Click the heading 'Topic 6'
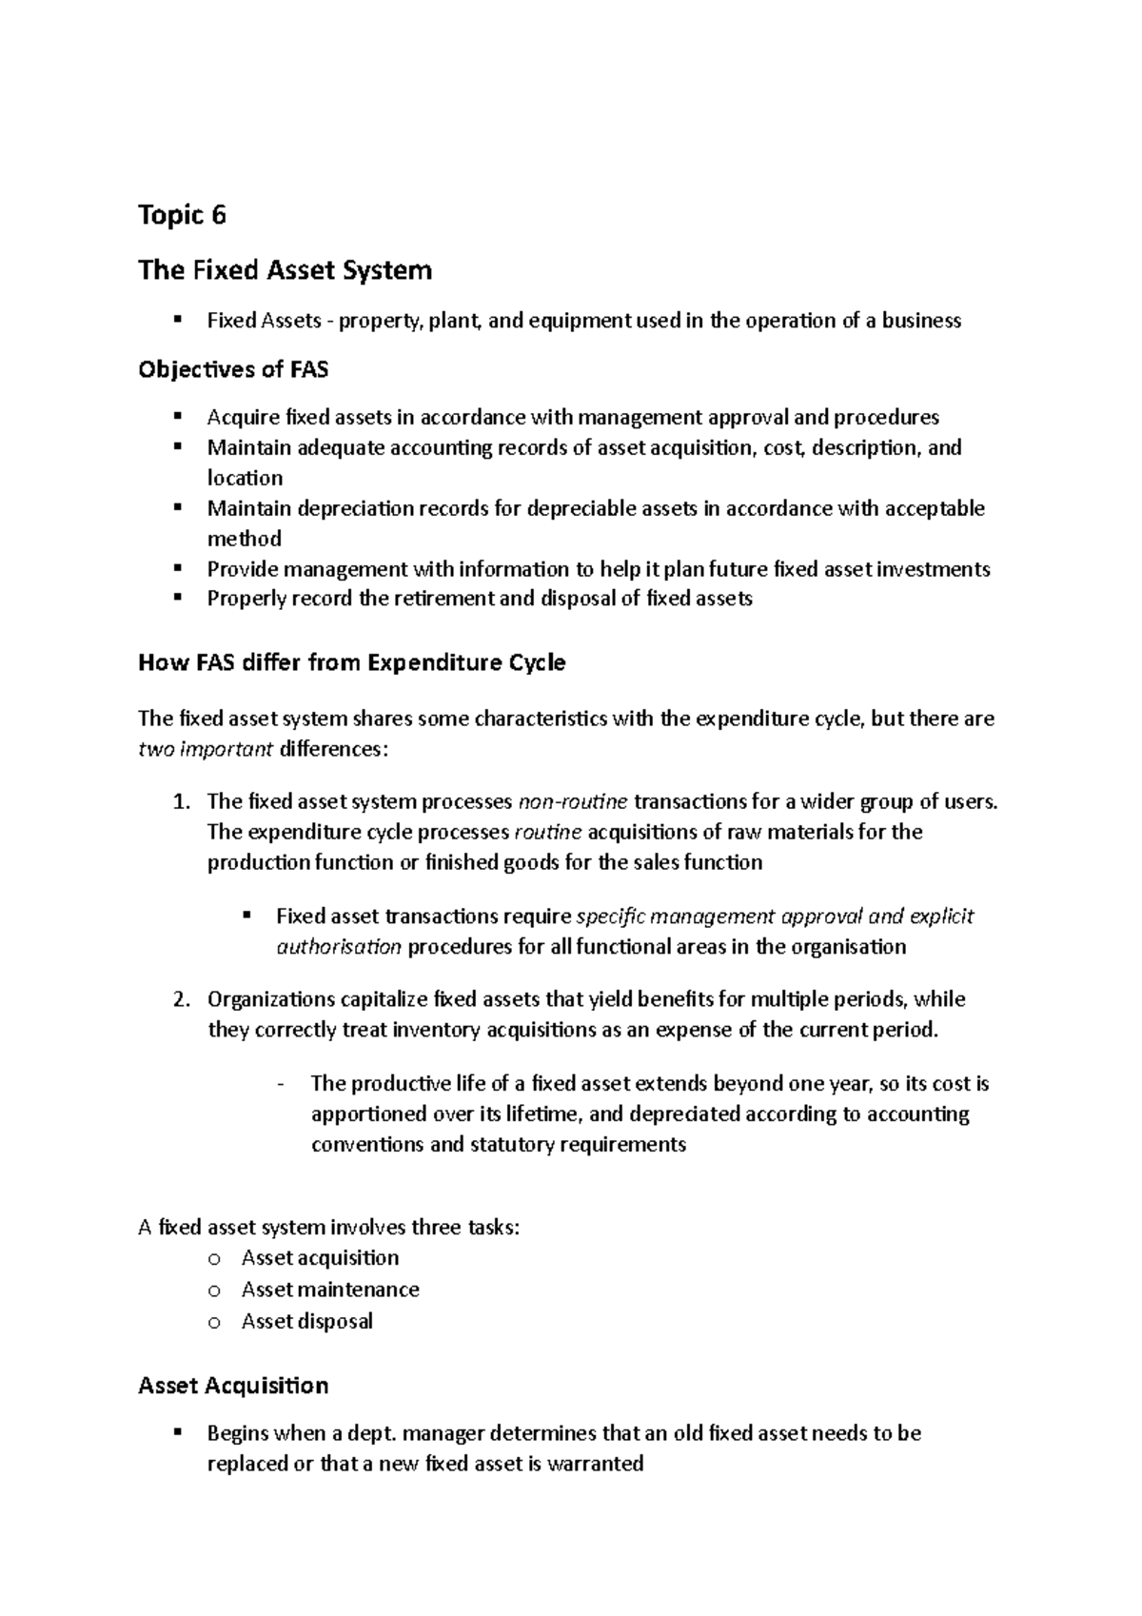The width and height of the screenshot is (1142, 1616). pos(182,216)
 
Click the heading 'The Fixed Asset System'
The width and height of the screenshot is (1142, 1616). pos(285,270)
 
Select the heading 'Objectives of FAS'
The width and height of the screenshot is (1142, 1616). pos(233,369)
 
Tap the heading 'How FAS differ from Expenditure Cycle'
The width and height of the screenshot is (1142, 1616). pos(351,662)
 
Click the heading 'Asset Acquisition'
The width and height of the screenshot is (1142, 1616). pos(233,1385)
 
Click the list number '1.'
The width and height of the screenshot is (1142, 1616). pos(183,801)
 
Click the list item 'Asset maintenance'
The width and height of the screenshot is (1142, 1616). pos(329,1290)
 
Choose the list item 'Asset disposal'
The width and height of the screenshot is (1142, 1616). pos(306,1321)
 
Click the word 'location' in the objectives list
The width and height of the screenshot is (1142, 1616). pos(245,478)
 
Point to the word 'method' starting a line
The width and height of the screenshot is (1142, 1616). pos(244,539)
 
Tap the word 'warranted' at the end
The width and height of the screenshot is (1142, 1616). pos(596,1464)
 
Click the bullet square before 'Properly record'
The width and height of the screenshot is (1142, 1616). pos(177,598)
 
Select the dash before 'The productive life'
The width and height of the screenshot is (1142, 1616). pos(280,1084)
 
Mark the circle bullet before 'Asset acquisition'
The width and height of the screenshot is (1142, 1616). pos(214,1259)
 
